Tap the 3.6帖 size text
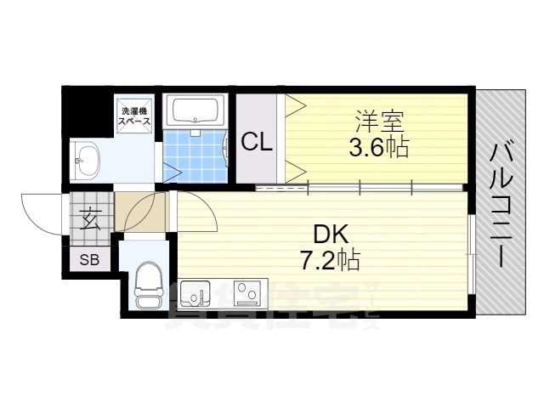378,148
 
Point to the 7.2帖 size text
331,259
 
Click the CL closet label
257,142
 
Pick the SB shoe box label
89,260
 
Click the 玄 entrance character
89,220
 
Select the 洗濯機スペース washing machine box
135,116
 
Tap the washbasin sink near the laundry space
87,158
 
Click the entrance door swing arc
38,212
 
